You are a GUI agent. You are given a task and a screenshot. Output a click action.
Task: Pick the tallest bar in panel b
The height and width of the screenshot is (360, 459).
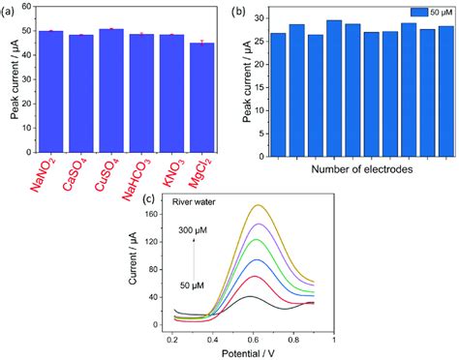[333, 87]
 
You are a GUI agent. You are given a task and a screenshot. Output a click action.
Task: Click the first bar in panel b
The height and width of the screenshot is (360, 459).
[278, 93]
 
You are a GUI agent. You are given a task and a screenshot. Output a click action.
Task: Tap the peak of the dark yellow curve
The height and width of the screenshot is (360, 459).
[258, 205]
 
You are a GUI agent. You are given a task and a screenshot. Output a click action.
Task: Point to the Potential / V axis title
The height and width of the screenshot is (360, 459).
[253, 352]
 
